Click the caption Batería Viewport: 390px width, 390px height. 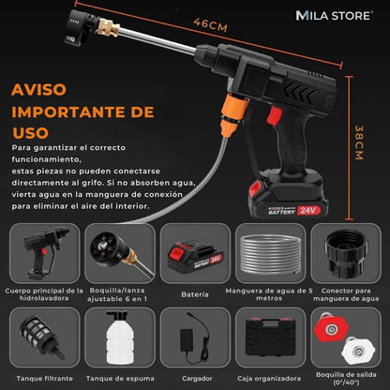click(194, 294)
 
